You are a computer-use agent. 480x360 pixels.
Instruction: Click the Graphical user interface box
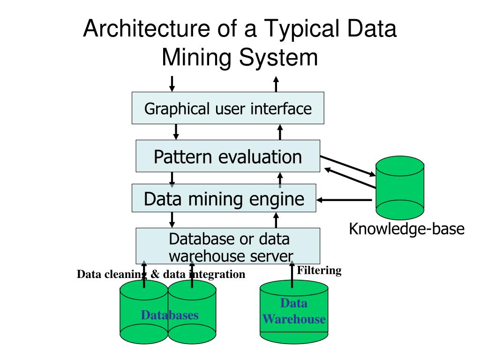pos(228,108)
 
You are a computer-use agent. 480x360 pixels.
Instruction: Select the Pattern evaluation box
pos(228,156)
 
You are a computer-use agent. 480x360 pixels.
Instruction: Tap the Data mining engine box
pos(224,199)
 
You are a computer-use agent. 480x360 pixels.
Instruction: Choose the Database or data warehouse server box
pos(228,246)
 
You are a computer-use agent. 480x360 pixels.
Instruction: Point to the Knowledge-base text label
pos(406,229)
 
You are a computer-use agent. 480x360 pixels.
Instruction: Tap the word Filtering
pos(320,270)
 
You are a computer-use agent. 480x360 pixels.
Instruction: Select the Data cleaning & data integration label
pos(161,274)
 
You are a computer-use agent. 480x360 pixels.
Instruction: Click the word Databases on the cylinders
pos(170,315)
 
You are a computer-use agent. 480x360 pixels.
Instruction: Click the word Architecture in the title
pos(142,29)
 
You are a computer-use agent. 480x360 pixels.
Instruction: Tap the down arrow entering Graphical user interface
pos(172,83)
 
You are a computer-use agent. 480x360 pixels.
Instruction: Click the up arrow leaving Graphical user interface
pos(276,84)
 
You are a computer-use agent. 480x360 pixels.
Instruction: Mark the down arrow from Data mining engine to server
pos(172,219)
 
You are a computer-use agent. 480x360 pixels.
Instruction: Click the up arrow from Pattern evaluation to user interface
pos(280,132)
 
